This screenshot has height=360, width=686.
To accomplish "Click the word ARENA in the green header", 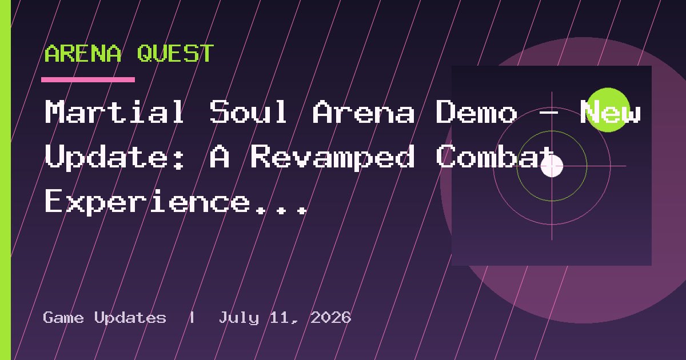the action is pos(83,54).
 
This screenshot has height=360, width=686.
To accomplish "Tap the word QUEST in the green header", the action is pos(176,54).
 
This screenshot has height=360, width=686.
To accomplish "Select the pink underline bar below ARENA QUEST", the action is pos(88,79).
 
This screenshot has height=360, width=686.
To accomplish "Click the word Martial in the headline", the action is pos(114,111).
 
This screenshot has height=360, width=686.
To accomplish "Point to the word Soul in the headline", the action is pos(248,111).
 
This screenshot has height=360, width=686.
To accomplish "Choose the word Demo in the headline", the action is pos(477,111).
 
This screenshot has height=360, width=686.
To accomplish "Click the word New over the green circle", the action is pos(611,111).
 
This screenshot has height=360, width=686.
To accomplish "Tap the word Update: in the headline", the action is pos(114,157).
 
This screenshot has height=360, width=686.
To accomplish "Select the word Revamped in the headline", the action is pos(333,157).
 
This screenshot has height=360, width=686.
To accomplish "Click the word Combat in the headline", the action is pos(495,156).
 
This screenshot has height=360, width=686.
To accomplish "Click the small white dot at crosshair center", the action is pos(552,166).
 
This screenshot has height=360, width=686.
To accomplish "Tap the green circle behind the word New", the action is pos(608,110).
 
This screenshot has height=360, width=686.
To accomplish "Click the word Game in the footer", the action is pos(63,318).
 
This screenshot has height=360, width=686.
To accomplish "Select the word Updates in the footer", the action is pos(130,318).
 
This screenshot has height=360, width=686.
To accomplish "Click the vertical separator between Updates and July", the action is pos(192,318).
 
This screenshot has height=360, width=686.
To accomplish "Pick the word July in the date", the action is pos(239,318).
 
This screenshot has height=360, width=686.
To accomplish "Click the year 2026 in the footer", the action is pos(331,318).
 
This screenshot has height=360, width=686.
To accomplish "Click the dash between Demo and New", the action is pos(548,113).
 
